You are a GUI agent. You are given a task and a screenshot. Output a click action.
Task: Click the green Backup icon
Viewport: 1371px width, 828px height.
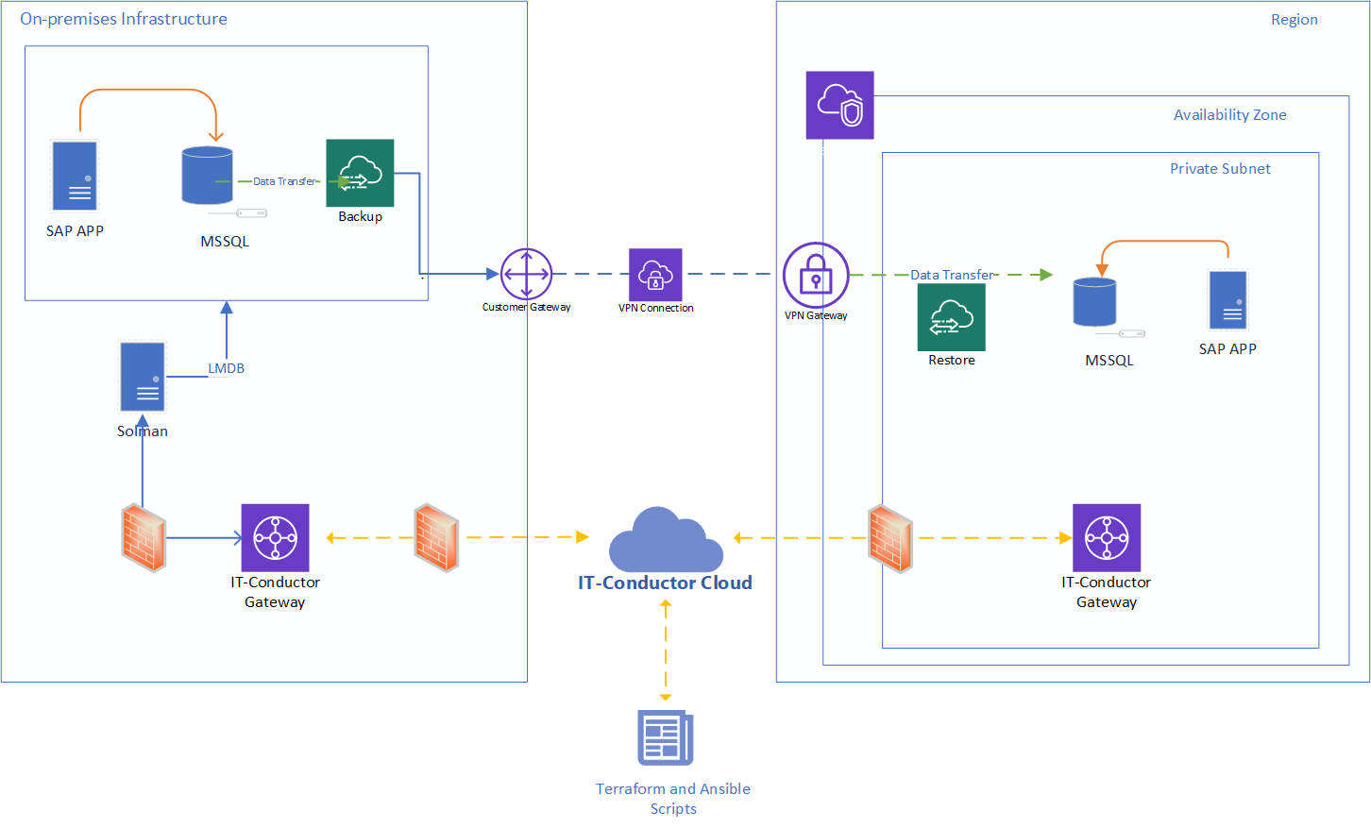click(360, 173)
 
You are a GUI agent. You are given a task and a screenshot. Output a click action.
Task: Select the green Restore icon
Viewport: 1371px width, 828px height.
click(951, 317)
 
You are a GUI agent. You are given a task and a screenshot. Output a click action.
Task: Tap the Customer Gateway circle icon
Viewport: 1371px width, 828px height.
click(526, 274)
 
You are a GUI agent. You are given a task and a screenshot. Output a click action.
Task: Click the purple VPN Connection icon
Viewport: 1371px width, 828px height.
click(655, 275)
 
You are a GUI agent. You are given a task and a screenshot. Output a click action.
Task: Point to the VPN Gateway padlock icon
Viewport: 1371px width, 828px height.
click(816, 275)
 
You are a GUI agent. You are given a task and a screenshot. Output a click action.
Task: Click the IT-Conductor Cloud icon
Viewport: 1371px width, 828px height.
click(666, 540)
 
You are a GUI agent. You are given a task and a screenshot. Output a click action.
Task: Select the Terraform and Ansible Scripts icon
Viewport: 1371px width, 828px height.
click(666, 737)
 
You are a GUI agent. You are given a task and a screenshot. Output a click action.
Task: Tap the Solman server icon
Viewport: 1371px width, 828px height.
click(143, 377)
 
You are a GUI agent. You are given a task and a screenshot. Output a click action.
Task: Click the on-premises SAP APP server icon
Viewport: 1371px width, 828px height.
click(75, 176)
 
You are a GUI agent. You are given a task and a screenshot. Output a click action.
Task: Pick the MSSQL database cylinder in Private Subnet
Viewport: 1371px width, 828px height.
click(1095, 301)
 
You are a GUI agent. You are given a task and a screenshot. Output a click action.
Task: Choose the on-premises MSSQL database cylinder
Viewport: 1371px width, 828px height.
click(207, 176)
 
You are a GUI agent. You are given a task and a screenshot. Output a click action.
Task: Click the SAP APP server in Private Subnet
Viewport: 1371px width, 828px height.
click(1228, 300)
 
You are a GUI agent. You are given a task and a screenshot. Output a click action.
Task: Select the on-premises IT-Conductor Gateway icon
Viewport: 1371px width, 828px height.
click(275, 537)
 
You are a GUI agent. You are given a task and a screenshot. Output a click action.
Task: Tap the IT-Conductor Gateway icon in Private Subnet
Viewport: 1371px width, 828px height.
click(1107, 537)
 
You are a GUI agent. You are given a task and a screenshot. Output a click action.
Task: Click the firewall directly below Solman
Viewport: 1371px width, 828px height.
click(144, 539)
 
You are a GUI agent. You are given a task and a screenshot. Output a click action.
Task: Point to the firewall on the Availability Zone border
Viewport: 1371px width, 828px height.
click(889, 540)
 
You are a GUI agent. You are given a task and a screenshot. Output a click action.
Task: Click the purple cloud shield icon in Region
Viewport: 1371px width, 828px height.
click(839, 105)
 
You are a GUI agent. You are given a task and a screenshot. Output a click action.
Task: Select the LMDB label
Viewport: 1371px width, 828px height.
click(227, 368)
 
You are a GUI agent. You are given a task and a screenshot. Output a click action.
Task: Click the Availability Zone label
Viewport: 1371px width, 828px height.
click(1229, 115)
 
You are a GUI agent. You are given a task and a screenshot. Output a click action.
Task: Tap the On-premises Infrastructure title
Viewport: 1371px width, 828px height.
click(124, 19)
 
